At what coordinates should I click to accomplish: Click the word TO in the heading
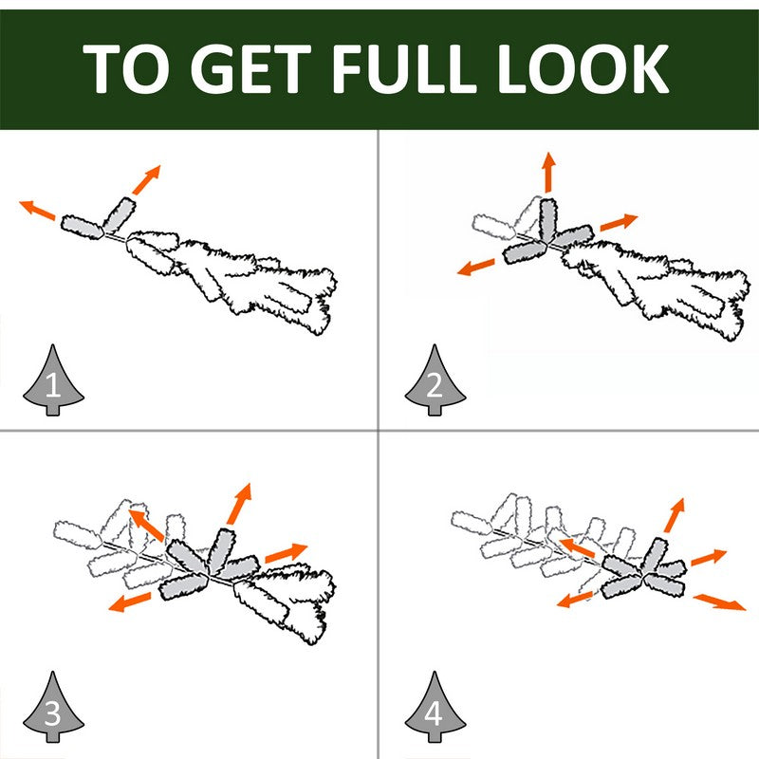[x=126, y=68]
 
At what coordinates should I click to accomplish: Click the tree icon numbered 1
[x=53, y=380]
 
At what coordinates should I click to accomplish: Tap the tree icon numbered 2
[x=435, y=380]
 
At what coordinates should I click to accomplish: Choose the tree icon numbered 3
[x=53, y=707]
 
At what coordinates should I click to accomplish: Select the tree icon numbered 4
[x=435, y=707]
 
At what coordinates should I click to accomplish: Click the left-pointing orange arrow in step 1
[x=37, y=209]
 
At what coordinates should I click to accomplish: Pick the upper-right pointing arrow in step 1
[x=146, y=179]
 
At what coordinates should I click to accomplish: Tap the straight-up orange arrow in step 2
[x=548, y=172]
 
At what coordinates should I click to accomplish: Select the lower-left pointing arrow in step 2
[x=476, y=268]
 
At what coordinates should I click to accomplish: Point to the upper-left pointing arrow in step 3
[x=146, y=525]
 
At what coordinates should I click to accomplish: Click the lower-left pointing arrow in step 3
[x=130, y=602]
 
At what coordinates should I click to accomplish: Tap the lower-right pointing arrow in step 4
[x=720, y=602]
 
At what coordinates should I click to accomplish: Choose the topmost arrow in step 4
[x=675, y=515]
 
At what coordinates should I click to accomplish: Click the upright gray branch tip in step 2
[x=548, y=220]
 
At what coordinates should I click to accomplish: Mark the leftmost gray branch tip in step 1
[x=83, y=227]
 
